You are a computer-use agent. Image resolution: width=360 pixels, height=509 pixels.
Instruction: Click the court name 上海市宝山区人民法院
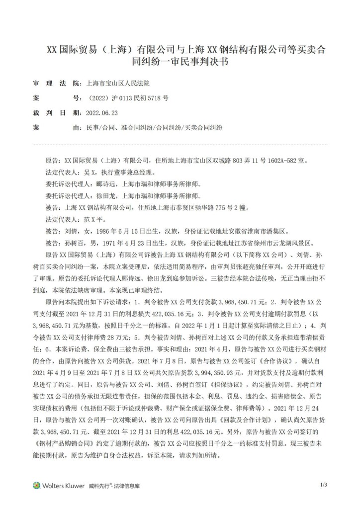tap(117, 84)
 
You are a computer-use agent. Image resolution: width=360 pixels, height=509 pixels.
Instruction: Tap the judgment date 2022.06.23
tap(102, 113)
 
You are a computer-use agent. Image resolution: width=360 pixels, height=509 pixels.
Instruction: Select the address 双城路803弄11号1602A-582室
tap(269, 162)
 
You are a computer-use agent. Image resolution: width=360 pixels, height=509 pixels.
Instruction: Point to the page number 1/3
tap(323, 485)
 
